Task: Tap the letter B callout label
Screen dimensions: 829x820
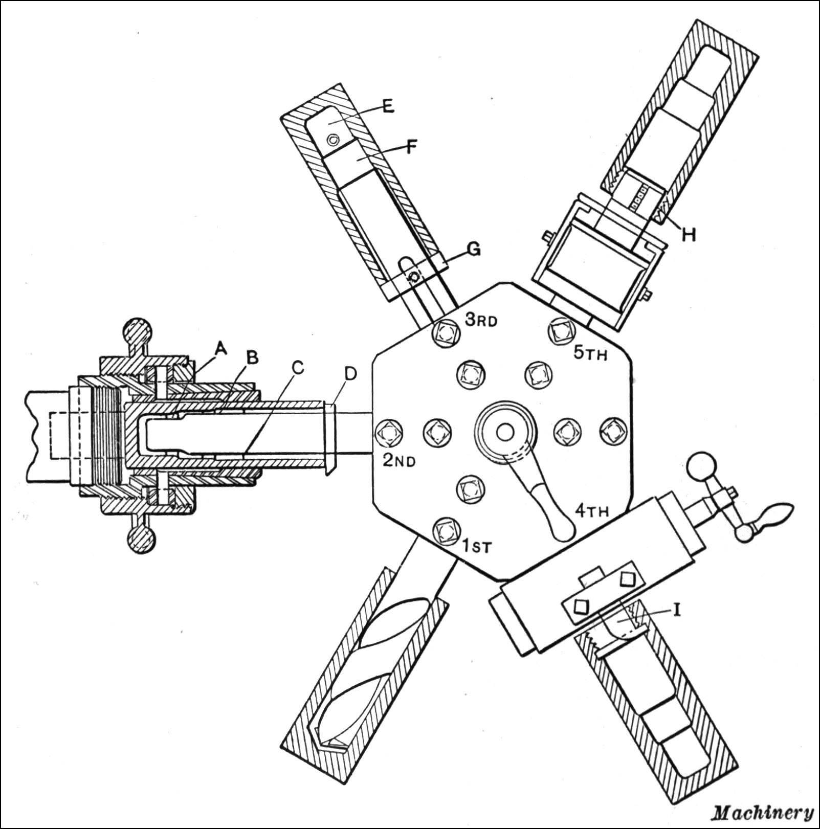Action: [252, 357]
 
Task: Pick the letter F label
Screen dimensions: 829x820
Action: [411, 147]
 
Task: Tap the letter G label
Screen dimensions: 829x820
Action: [474, 249]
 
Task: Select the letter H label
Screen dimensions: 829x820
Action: [689, 234]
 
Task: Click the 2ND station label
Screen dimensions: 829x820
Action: [399, 461]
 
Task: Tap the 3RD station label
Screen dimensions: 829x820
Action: [481, 320]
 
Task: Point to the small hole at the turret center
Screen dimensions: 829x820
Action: [505, 432]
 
